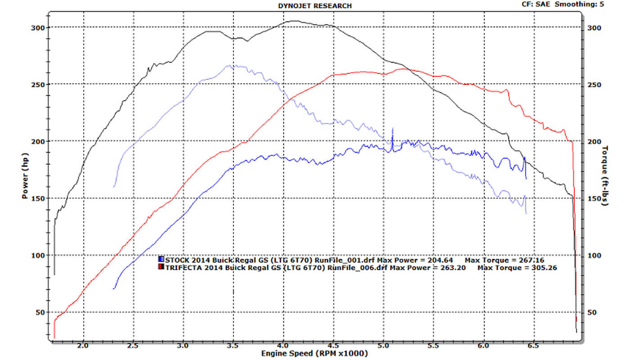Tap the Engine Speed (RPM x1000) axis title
[x=315, y=354]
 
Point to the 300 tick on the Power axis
[x=40, y=27]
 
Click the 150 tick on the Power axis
[x=40, y=198]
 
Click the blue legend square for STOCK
[x=161, y=260]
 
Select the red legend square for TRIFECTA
[x=161, y=268]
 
